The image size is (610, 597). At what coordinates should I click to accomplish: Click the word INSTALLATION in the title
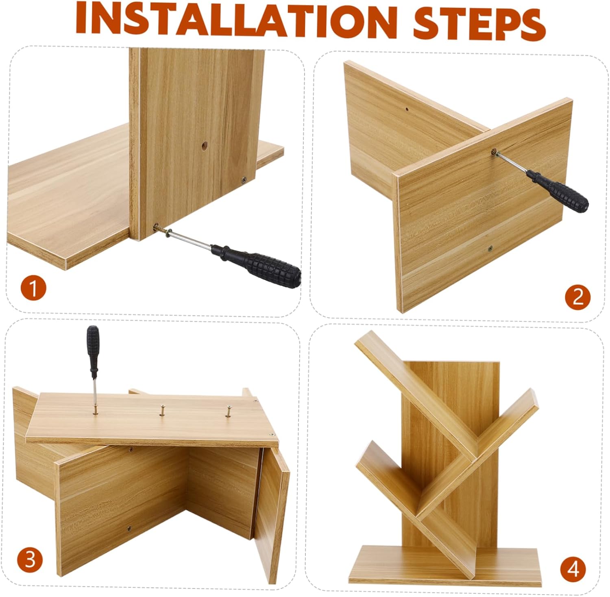pyautogui.click(x=236, y=20)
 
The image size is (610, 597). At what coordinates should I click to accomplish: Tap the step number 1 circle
pyautogui.click(x=33, y=289)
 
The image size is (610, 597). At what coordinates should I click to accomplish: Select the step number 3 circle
pyautogui.click(x=30, y=559)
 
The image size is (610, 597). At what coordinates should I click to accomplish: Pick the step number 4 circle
pyautogui.click(x=573, y=569)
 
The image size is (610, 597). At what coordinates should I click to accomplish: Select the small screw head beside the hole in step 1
pyautogui.click(x=244, y=179)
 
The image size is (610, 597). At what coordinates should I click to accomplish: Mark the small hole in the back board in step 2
pyautogui.click(x=407, y=109)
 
